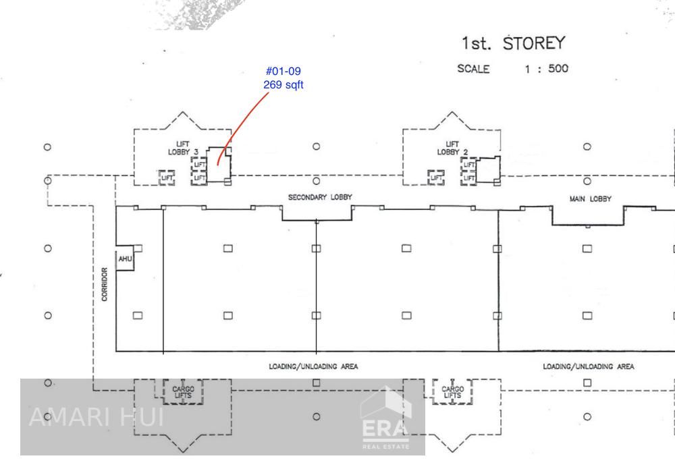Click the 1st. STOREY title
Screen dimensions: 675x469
tap(513, 43)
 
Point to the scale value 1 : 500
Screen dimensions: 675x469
tap(547, 69)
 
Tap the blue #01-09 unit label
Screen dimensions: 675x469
tap(283, 71)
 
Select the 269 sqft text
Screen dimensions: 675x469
tap(283, 85)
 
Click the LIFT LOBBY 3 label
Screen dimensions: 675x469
tap(183, 148)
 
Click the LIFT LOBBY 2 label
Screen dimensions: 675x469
tap(452, 148)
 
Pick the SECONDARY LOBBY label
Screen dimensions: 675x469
tap(320, 197)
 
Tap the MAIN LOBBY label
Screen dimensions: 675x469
tap(590, 199)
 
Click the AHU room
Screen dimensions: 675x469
tap(125, 258)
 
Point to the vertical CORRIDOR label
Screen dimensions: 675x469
tap(105, 284)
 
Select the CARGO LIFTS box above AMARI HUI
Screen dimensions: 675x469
tap(183, 392)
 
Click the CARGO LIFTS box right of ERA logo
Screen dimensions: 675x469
tap(452, 392)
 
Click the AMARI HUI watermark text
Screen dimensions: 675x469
tap(97, 417)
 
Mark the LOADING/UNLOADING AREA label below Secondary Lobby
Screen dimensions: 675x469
tap(313, 366)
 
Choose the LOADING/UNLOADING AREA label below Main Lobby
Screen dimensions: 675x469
tap(588, 366)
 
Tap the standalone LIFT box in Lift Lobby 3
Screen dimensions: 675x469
tap(167, 177)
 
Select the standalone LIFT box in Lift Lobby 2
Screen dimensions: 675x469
tap(436, 177)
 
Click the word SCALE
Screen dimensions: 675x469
tap(473, 69)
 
